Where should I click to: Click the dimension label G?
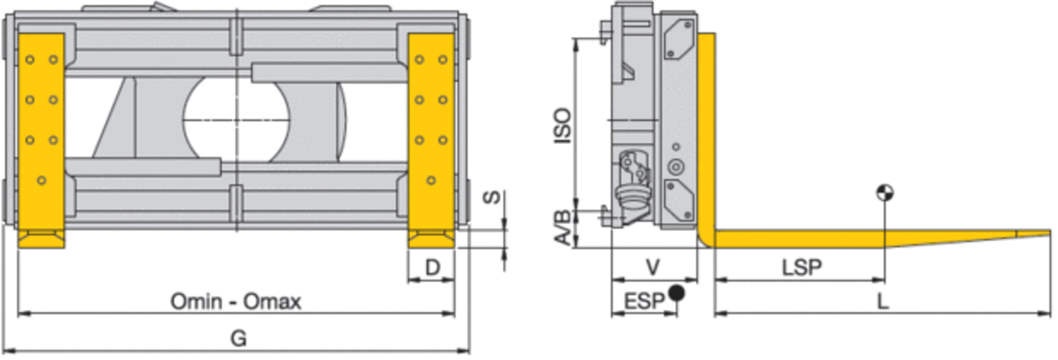click(x=238, y=339)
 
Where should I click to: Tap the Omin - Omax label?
click(x=236, y=301)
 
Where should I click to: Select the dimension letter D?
click(x=432, y=268)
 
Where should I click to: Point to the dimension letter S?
click(x=493, y=197)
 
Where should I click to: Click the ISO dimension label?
click(x=563, y=126)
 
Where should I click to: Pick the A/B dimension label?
click(x=563, y=227)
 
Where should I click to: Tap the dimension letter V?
click(x=653, y=268)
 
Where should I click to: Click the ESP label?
click(x=644, y=301)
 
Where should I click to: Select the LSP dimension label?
click(x=801, y=268)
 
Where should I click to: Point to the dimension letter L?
click(x=883, y=301)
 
